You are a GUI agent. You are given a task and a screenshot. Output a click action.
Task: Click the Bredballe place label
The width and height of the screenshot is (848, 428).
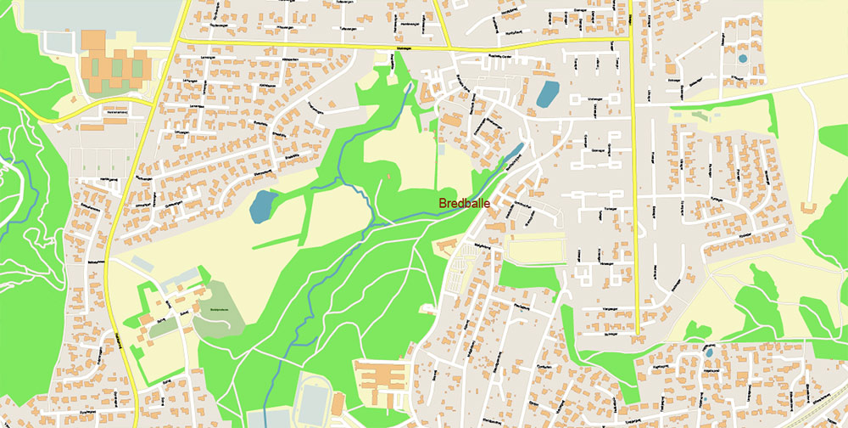[x=465, y=204]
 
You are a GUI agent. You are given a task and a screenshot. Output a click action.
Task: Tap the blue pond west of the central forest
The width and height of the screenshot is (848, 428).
[x=263, y=205]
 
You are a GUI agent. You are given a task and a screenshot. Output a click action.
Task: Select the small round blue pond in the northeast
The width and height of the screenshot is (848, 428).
[x=743, y=59]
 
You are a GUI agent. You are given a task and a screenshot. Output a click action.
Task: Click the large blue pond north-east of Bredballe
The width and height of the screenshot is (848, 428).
[x=548, y=93]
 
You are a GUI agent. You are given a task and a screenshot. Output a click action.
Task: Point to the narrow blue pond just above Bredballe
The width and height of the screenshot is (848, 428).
[x=514, y=152]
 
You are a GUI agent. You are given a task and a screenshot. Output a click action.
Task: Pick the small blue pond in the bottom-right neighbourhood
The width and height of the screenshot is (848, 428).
[x=708, y=350]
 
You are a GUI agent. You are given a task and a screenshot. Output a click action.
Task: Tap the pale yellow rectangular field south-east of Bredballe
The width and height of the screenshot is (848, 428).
[x=535, y=249]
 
